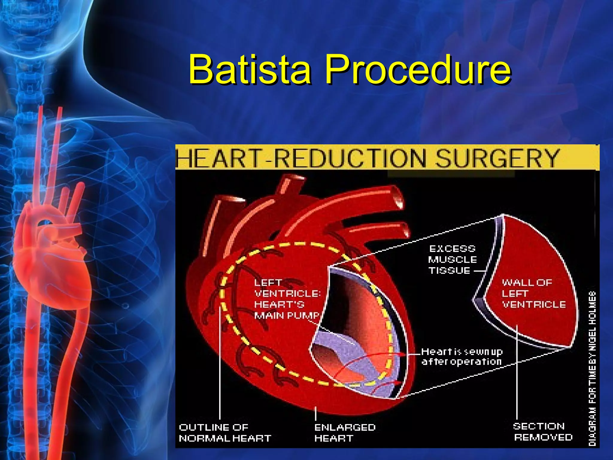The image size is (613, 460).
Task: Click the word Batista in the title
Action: [250, 69]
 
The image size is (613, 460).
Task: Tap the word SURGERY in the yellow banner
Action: [497, 158]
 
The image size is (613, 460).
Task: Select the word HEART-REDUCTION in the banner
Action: [301, 158]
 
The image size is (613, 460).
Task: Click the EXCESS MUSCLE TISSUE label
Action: [452, 260]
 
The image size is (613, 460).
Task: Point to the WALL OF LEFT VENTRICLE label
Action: [533, 293]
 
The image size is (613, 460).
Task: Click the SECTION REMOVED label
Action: [543, 432]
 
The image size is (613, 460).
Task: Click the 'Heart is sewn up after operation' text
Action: [462, 356]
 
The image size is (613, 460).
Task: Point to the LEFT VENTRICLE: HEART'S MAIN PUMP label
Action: [286, 299]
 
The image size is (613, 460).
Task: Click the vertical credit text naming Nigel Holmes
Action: [592, 368]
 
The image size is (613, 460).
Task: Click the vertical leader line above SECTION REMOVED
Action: [517, 374]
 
